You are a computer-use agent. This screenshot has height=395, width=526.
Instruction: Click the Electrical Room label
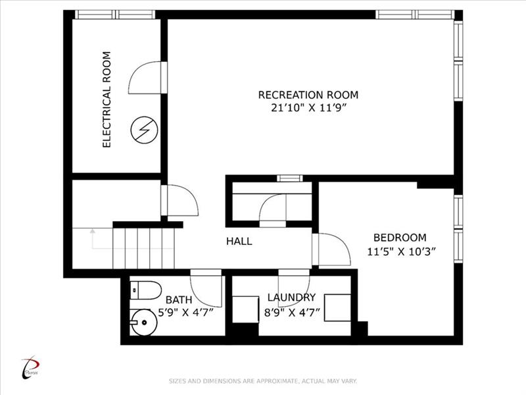(x=107, y=99)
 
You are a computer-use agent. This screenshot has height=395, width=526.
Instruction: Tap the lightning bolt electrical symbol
(x=143, y=130)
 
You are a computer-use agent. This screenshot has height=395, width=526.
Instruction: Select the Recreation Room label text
(x=308, y=95)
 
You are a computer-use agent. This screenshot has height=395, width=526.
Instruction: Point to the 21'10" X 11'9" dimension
(x=308, y=108)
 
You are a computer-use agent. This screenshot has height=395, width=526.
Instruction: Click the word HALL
(x=239, y=241)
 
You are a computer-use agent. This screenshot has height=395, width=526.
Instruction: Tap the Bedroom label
(x=400, y=238)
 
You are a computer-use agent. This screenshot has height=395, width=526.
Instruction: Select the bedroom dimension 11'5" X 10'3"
(x=401, y=251)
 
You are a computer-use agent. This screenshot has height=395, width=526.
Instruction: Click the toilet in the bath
(x=145, y=290)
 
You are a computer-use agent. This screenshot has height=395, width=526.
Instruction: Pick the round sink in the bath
(x=144, y=323)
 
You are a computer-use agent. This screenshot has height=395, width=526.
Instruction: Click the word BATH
(x=179, y=300)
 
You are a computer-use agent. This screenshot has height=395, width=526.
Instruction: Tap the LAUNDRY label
(x=291, y=298)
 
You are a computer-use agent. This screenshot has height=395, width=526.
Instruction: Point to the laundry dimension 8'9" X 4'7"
(x=292, y=313)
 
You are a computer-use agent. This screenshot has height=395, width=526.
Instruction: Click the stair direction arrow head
(x=93, y=231)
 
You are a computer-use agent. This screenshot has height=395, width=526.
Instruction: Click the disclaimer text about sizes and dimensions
(x=262, y=381)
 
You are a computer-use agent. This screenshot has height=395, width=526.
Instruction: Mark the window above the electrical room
(x=114, y=14)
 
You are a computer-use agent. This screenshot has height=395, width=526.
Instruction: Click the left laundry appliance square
(x=245, y=309)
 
